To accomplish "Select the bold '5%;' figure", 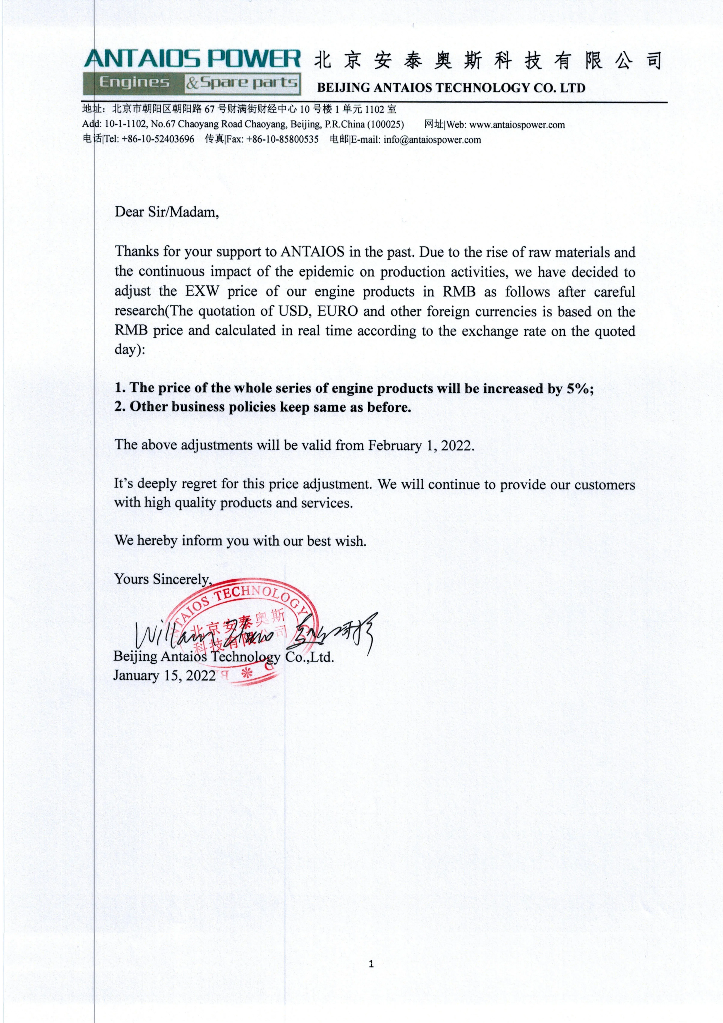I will point(580,388).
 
